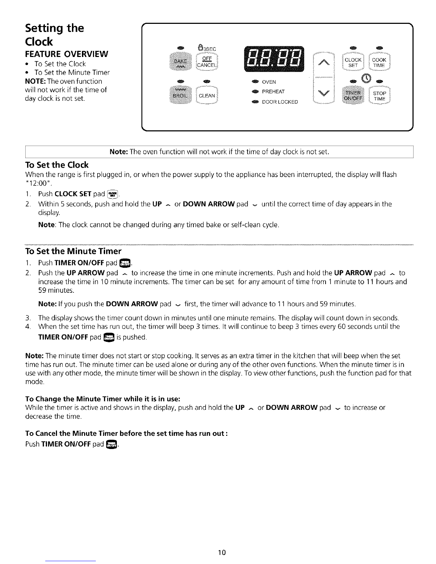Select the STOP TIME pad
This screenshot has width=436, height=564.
click(379, 96)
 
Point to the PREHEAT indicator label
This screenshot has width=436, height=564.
click(273, 92)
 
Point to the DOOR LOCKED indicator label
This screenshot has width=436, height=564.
click(280, 102)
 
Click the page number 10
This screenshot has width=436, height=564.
click(222, 553)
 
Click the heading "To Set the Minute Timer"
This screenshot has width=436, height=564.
click(73, 251)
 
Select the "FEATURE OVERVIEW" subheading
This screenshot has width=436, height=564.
click(66, 54)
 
